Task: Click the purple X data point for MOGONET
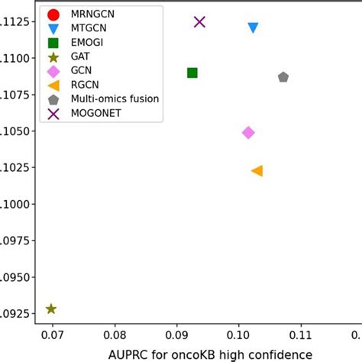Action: pyautogui.click(x=200, y=22)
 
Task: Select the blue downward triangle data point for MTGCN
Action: pyautogui.click(x=253, y=28)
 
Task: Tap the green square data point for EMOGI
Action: pyautogui.click(x=192, y=73)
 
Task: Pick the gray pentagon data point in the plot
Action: pyautogui.click(x=283, y=77)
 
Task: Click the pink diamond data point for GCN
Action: pyautogui.click(x=248, y=132)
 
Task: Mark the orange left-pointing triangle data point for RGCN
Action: pyautogui.click(x=257, y=171)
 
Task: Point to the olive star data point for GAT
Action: pyautogui.click(x=51, y=309)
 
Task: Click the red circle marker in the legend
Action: pyautogui.click(x=53, y=15)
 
